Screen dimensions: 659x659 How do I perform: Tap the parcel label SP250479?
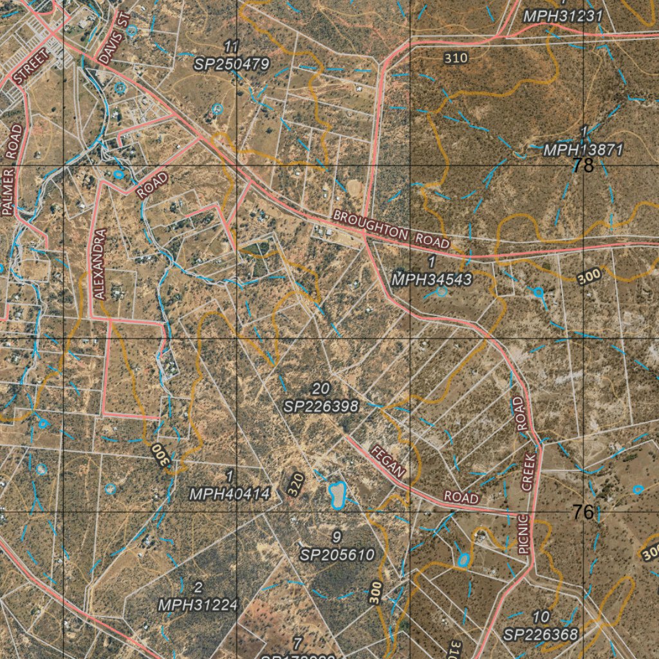232,64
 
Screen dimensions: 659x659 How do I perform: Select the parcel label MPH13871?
583,150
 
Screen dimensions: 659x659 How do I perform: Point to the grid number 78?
583,166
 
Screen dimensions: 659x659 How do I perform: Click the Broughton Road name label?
391,229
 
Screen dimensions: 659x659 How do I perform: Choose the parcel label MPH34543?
432,279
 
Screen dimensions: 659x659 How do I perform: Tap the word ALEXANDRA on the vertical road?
99,264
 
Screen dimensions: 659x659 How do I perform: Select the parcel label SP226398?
320,406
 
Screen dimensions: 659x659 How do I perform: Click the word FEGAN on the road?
388,461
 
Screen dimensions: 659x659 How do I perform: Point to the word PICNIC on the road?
523,534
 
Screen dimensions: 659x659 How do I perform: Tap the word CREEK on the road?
528,472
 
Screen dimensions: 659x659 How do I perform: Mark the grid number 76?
583,512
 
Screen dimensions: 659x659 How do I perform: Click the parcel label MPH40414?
229,494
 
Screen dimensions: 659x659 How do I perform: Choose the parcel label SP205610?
337,554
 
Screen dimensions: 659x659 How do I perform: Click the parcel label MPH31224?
198,604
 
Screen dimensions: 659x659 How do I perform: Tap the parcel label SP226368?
541,635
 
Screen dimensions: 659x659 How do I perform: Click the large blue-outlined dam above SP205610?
337,494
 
